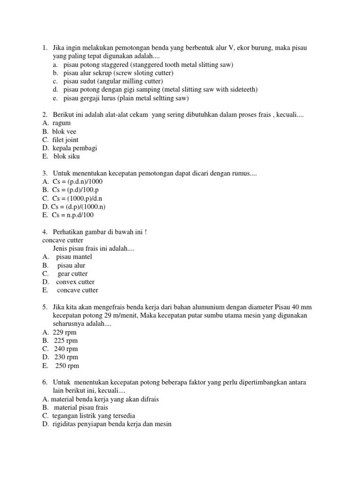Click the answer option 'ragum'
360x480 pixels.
pyautogui.click(x=61, y=123)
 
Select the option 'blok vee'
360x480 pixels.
pyautogui.click(x=64, y=132)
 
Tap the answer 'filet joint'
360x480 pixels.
pyautogui.click(x=65, y=140)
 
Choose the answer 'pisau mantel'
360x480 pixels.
pyautogui.click(x=74, y=257)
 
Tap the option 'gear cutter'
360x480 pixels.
pyautogui.click(x=73, y=274)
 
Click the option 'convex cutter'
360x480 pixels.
pyautogui.click(x=75, y=282)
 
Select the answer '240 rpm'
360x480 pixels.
pyautogui.click(x=66, y=349)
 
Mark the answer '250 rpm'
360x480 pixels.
pyautogui.click(x=67, y=366)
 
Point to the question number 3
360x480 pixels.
pyautogui.click(x=45, y=173)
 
